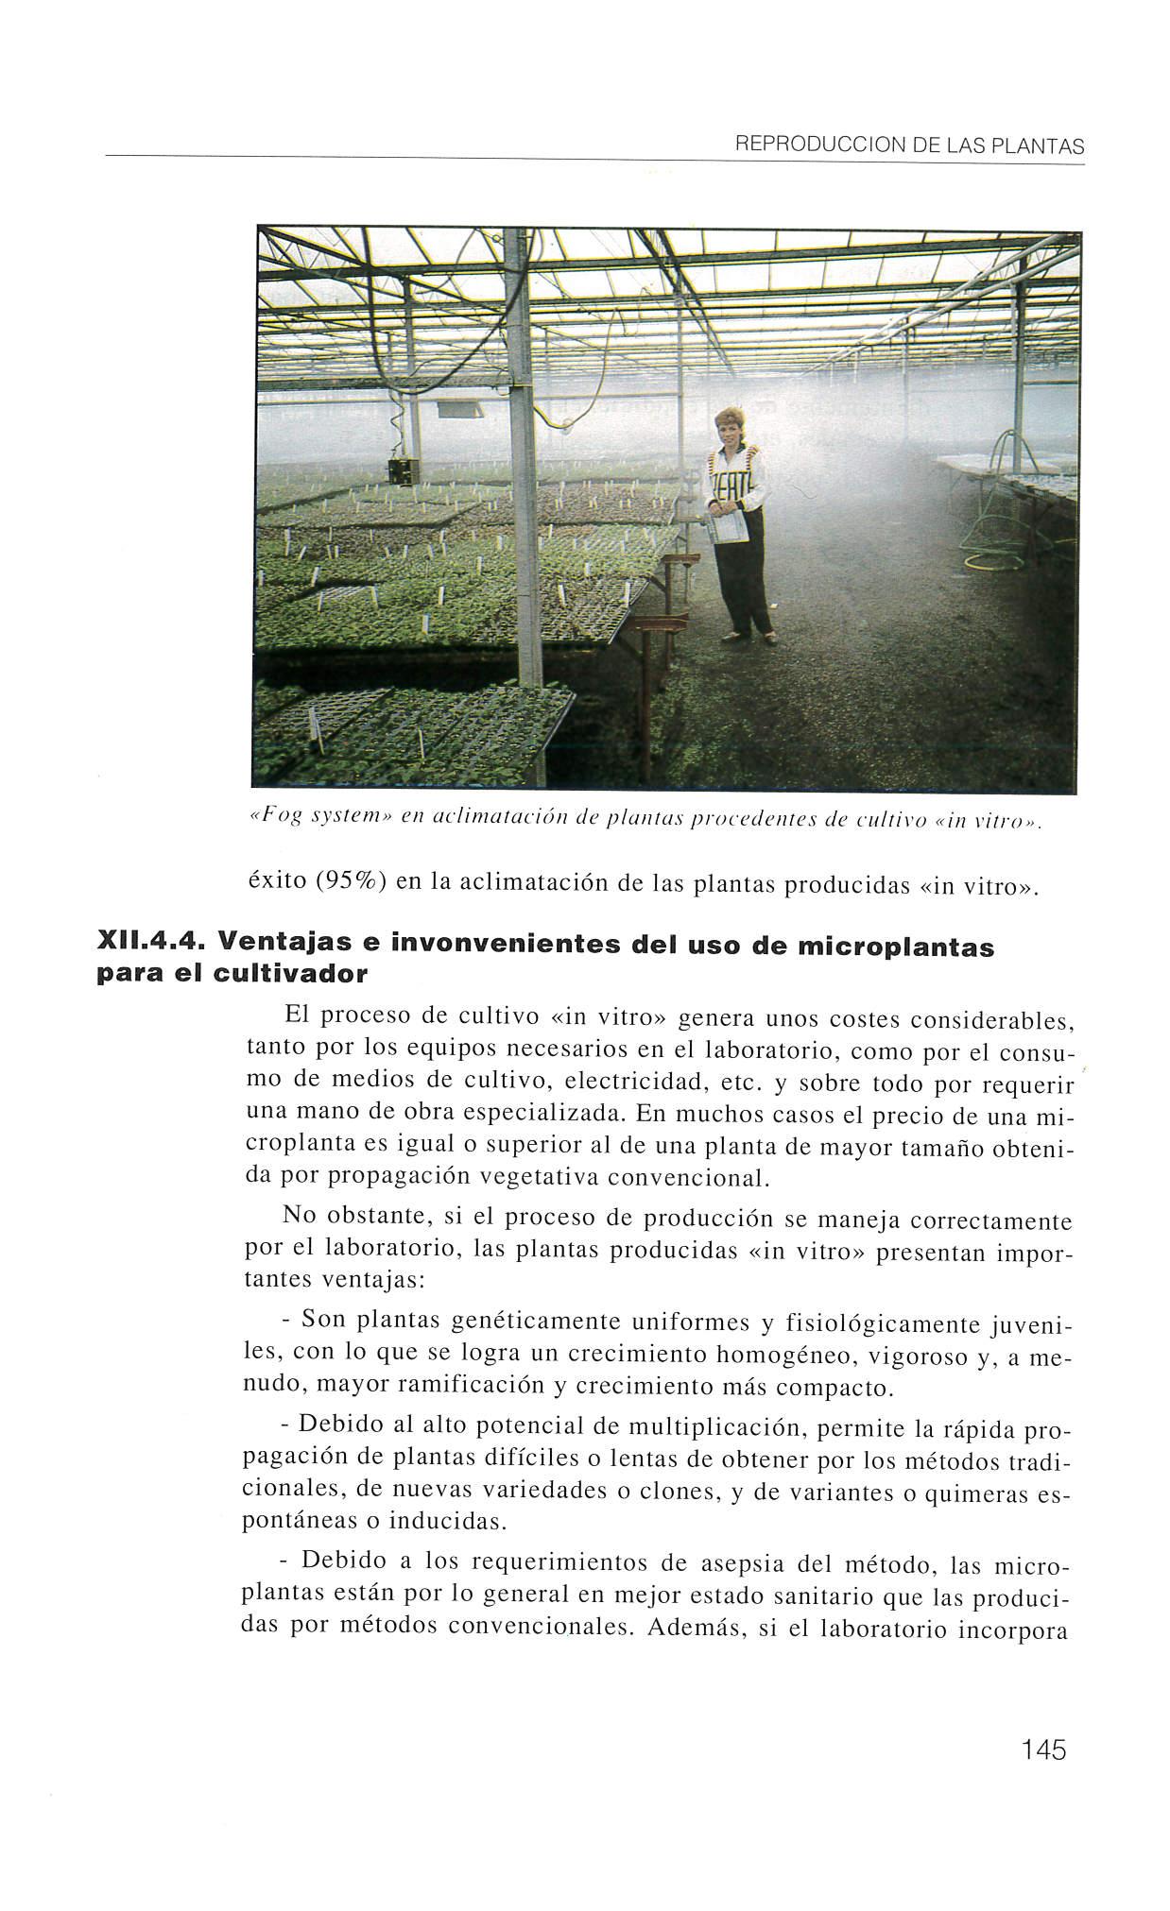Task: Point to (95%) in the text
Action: (x=349, y=882)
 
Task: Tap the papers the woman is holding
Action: (x=730, y=530)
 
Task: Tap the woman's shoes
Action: (x=748, y=639)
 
